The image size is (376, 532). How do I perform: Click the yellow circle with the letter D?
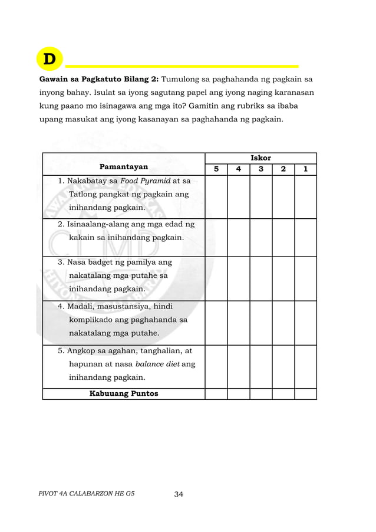(50, 59)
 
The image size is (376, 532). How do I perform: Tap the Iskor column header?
(260, 158)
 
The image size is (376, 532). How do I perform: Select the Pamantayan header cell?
(124, 166)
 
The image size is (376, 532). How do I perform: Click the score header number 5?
(216, 169)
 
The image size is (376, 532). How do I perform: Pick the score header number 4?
(238, 169)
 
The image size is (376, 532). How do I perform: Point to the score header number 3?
(260, 169)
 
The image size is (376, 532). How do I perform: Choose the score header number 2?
(283, 169)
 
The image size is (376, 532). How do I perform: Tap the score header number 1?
(305, 169)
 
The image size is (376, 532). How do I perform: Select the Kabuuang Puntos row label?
(123, 393)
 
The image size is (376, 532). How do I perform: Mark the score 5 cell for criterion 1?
(216, 196)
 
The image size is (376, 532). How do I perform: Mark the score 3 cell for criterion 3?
(260, 278)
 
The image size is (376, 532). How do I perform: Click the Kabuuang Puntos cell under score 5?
(216, 393)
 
